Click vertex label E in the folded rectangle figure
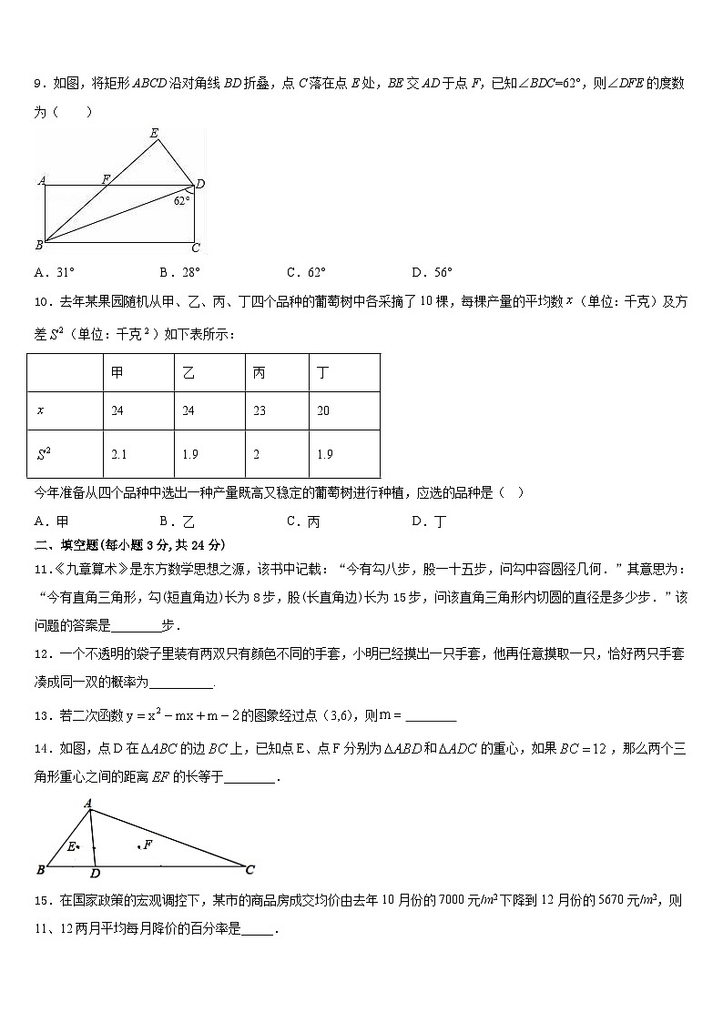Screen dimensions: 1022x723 click(x=154, y=134)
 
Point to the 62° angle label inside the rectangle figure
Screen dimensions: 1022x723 click(x=182, y=201)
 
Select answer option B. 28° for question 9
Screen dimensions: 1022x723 click(x=179, y=272)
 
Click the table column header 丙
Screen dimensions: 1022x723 click(x=260, y=373)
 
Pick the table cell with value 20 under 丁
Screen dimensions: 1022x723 click(x=323, y=411)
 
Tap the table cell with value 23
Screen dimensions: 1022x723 click(x=260, y=411)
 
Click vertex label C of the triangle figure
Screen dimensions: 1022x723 click(x=249, y=869)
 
